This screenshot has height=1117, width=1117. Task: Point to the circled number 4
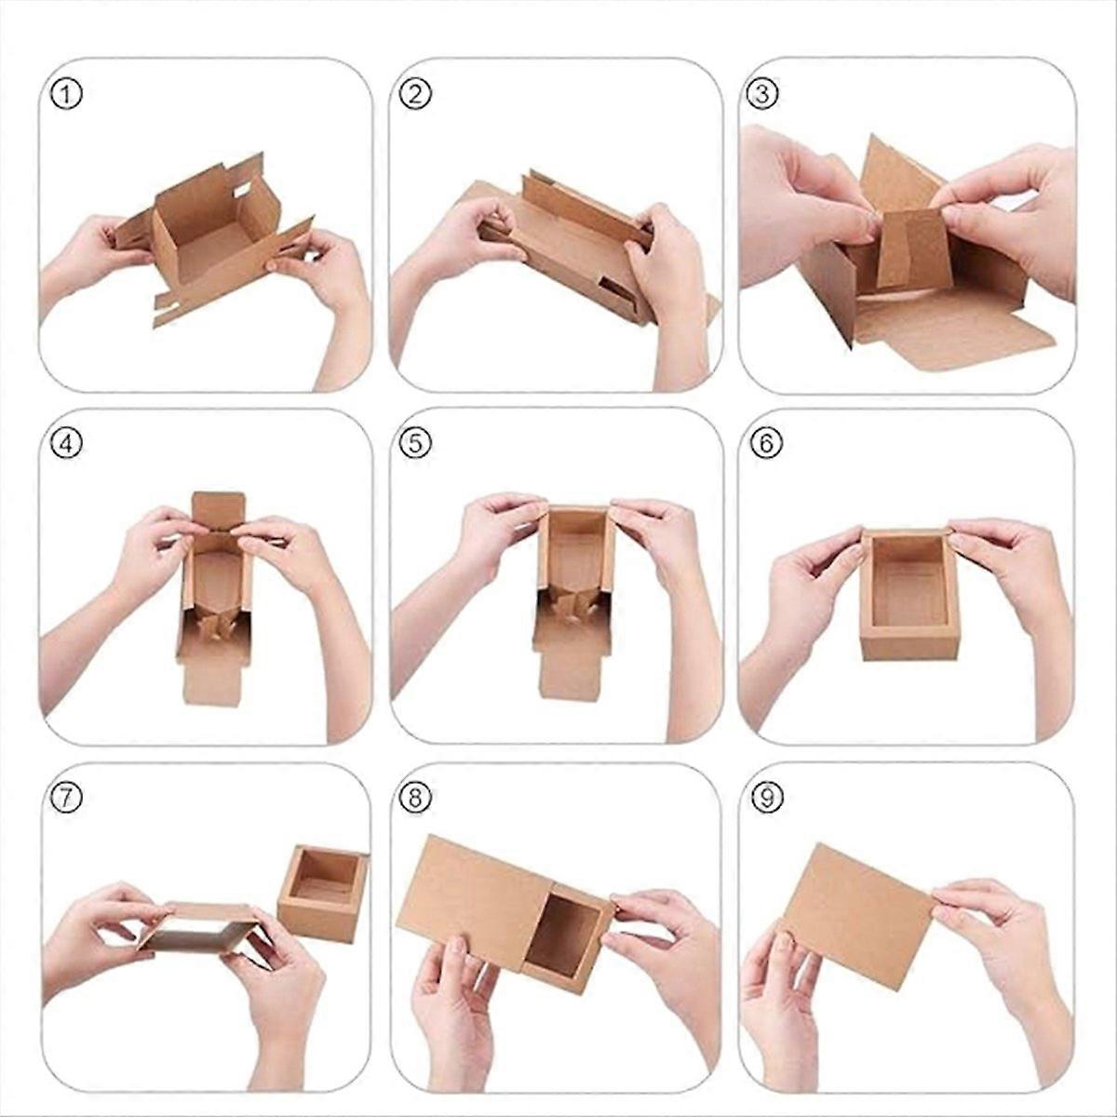[x=67, y=444]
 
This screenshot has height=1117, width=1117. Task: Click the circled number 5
[x=416, y=444]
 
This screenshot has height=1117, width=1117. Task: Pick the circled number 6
[x=765, y=444]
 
